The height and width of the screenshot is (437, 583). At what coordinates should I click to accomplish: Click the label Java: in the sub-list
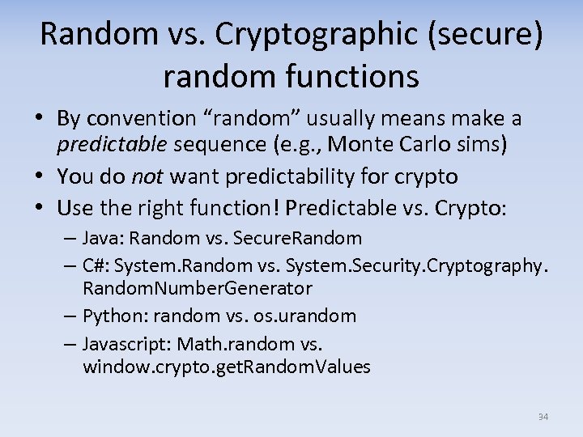pos(104,239)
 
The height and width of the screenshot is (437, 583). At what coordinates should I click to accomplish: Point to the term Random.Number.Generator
pos(197,288)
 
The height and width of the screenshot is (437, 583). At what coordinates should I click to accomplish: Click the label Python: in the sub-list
pos(113,316)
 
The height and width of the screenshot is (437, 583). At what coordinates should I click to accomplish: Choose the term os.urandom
pos(312,316)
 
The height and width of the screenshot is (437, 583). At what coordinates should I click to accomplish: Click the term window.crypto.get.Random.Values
pos(226,367)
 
